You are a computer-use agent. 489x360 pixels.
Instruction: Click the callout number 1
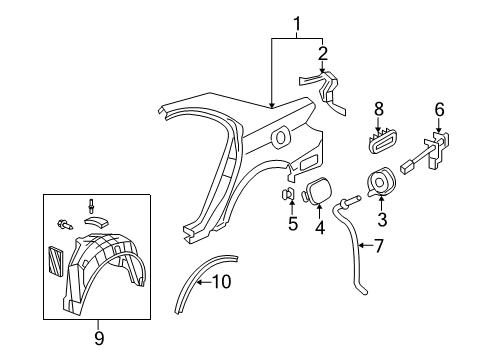297,22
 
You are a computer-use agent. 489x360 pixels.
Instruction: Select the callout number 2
322,52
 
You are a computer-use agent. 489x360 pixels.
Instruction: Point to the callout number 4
320,227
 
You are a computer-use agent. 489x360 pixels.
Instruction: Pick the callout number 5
292,224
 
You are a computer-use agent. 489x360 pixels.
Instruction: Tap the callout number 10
221,282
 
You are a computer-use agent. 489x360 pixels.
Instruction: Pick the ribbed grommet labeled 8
379,141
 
